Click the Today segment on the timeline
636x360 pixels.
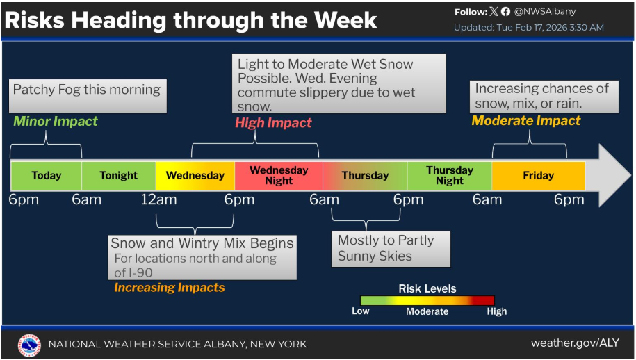(x=46, y=176)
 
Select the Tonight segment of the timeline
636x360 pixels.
(x=118, y=176)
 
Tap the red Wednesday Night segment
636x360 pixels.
(x=279, y=176)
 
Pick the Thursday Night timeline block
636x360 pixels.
(x=450, y=176)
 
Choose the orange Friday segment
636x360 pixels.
(x=538, y=176)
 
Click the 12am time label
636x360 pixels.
(x=159, y=200)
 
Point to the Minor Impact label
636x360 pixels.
(x=56, y=121)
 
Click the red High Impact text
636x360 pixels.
(x=273, y=123)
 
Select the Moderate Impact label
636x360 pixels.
(x=526, y=121)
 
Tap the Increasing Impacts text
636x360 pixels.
(x=169, y=288)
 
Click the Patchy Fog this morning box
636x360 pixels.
(x=88, y=96)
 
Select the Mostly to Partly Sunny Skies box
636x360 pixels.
(x=391, y=249)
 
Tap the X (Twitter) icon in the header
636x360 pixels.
(x=494, y=12)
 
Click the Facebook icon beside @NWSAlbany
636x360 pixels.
(x=505, y=13)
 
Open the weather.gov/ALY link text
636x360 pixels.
(x=575, y=343)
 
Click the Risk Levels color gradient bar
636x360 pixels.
(x=427, y=300)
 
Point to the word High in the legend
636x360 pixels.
(x=497, y=311)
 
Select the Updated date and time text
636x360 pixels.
(x=528, y=28)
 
